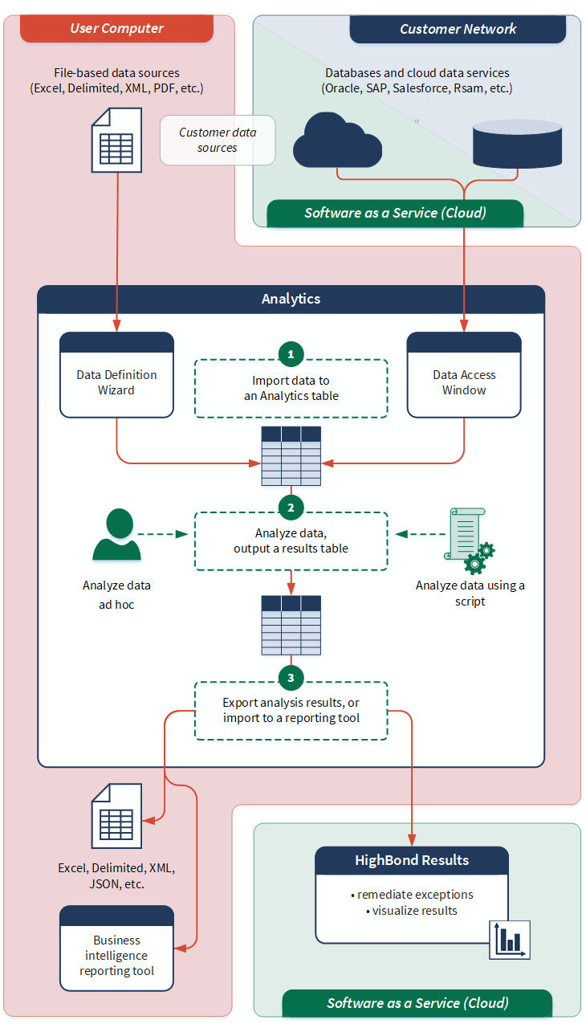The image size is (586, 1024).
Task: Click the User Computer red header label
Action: click(116, 29)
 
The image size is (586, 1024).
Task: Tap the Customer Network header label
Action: click(458, 29)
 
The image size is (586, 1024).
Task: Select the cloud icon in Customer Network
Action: click(337, 140)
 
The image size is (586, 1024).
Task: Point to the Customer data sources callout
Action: click(218, 140)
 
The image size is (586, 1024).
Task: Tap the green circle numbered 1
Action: click(291, 353)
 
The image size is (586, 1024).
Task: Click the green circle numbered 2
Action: click(291, 507)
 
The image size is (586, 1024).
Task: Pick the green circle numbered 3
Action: click(291, 678)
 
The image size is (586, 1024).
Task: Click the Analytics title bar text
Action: click(291, 299)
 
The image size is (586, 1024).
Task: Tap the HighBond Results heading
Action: click(412, 860)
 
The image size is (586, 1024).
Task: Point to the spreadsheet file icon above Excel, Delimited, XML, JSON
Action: click(117, 816)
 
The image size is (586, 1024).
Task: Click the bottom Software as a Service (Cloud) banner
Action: click(417, 1003)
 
